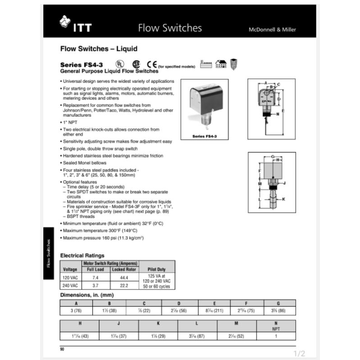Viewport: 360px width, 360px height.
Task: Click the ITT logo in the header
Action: [x=75, y=26]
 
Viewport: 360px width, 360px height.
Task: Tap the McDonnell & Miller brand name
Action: [x=272, y=30]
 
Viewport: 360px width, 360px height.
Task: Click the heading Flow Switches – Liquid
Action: [x=99, y=49]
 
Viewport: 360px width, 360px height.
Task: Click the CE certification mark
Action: [x=152, y=64]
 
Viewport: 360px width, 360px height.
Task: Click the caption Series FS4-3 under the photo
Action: [x=204, y=135]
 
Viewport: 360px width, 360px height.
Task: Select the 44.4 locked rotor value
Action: [x=124, y=277]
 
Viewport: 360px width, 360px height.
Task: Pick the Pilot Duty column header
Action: [x=156, y=269]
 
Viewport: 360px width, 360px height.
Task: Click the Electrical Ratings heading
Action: [x=82, y=255]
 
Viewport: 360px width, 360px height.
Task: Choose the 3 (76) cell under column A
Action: [x=76, y=311]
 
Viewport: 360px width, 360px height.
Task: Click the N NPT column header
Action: [x=276, y=325]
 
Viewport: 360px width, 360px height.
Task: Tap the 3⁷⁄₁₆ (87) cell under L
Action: [x=198, y=336]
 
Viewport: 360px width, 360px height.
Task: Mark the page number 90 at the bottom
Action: [x=63, y=349]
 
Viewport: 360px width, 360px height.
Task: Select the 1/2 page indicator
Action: [x=299, y=353]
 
